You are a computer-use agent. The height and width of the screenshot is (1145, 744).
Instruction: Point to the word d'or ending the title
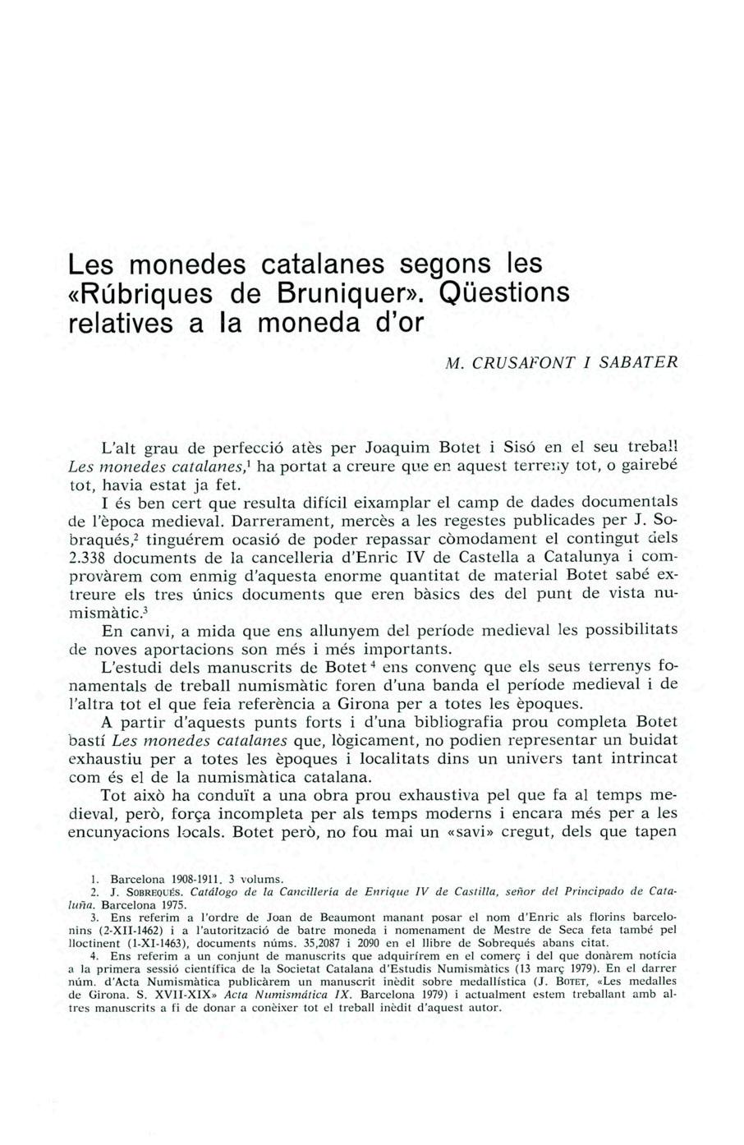397,322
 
